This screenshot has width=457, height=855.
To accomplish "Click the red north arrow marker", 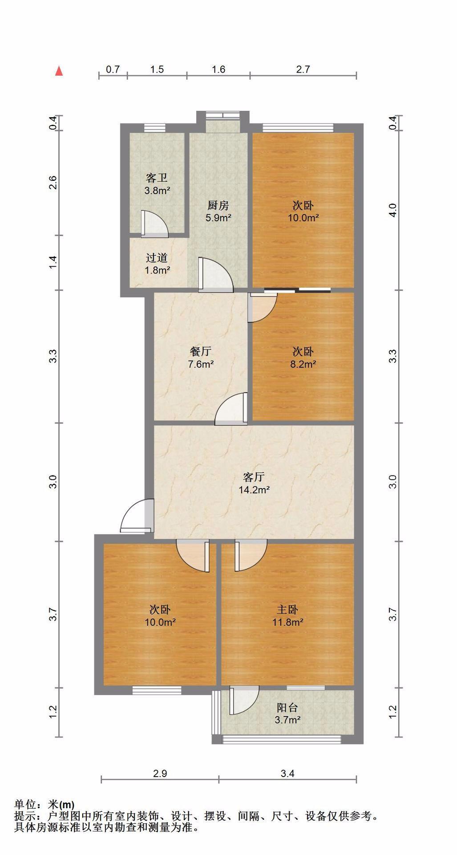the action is (x=59, y=71).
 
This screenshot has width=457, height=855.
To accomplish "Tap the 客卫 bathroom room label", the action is (x=157, y=178).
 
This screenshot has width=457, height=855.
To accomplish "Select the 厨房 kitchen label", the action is (x=218, y=205).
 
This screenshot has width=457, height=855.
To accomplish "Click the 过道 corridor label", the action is (x=157, y=257).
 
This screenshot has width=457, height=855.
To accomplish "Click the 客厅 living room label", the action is (x=254, y=477).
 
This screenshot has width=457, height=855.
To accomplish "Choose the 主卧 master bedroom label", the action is (x=287, y=610).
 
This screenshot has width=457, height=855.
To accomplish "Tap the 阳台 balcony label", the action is (x=287, y=707).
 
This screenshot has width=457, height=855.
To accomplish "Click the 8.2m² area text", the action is (x=303, y=364).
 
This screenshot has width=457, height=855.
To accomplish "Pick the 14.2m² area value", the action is (x=254, y=490).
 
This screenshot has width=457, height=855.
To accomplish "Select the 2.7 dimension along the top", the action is (x=303, y=69).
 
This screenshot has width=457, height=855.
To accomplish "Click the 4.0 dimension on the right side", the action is (x=392, y=210).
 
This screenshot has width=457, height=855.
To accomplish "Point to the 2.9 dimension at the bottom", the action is (x=160, y=774).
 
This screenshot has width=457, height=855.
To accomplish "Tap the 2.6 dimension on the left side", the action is (x=53, y=183).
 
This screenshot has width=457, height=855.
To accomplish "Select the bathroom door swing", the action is (x=154, y=223).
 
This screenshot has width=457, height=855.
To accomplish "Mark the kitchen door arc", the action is (x=215, y=275).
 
